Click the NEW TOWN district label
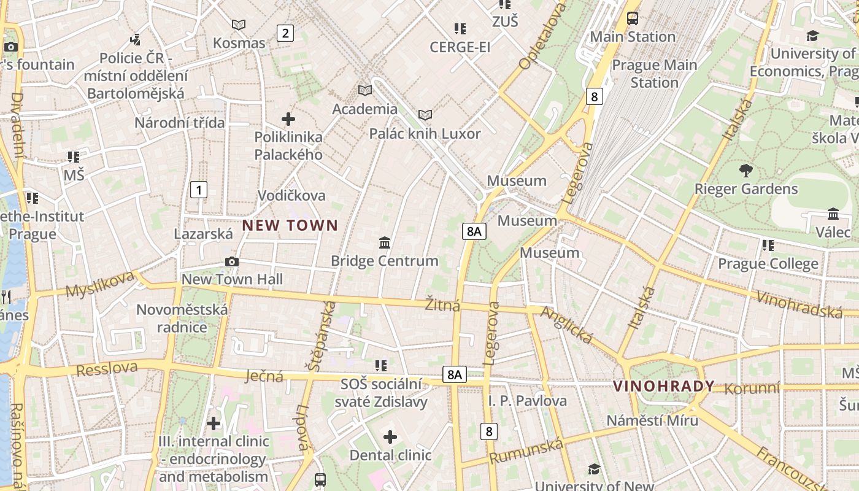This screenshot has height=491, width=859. (290, 225)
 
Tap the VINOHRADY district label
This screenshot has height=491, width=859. (664, 386)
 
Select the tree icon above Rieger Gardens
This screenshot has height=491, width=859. (745, 170)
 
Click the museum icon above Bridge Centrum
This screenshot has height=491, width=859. (385, 242)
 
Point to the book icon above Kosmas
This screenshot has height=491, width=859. (239, 25)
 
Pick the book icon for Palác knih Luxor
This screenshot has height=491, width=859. (425, 115)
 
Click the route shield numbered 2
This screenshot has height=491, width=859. (285, 33)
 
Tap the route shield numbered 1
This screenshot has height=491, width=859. (199, 190)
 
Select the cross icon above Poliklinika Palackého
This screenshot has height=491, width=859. (288, 118)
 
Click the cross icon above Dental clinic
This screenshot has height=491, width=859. (390, 437)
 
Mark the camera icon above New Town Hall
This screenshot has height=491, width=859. (231, 262)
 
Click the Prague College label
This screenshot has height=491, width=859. (768, 264)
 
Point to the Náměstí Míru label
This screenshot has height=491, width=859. (652, 420)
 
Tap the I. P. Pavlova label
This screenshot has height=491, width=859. (528, 401)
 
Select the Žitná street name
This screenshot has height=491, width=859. (442, 304)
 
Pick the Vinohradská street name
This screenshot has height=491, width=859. (799, 305)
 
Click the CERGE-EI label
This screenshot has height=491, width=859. (460, 47)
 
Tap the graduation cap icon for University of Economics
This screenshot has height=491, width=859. (812, 36)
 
